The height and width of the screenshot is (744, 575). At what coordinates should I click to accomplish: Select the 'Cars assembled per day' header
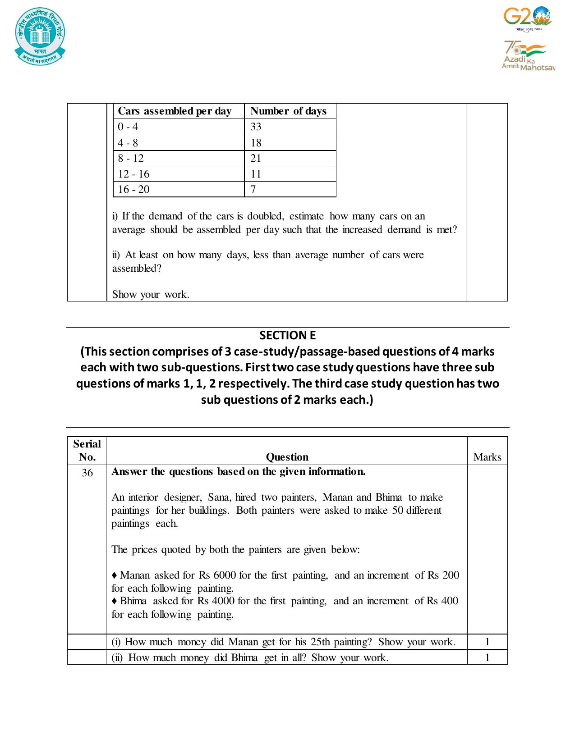(x=175, y=111)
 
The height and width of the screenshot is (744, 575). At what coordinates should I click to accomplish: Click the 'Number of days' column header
(x=288, y=111)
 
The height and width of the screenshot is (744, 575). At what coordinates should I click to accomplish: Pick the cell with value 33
(x=256, y=127)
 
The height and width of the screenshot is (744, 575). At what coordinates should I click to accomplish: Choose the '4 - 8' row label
(x=128, y=143)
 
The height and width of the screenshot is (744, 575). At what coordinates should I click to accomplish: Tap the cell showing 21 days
(x=256, y=158)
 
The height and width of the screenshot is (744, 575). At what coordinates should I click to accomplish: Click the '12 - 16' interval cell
(x=133, y=174)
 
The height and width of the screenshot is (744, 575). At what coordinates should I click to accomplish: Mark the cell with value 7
(x=253, y=189)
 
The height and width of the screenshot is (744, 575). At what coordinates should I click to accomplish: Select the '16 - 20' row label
(x=133, y=189)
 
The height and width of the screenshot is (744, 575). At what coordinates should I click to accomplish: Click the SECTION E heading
(x=287, y=335)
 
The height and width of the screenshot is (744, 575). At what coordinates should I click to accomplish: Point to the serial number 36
(x=87, y=473)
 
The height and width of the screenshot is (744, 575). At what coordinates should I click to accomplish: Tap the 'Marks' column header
(x=487, y=457)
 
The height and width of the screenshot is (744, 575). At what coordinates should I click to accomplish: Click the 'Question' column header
(x=287, y=457)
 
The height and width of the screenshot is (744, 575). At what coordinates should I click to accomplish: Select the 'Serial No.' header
(x=87, y=450)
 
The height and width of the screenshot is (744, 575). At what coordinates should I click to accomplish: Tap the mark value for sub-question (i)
(x=487, y=642)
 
